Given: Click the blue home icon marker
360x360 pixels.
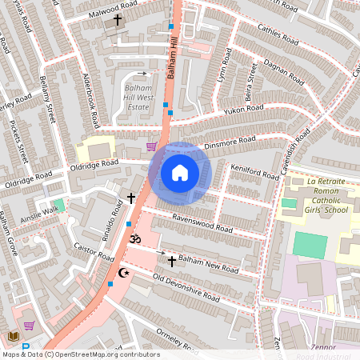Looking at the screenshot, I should [x=180, y=173].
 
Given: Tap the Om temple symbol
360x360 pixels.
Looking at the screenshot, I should [x=134, y=239].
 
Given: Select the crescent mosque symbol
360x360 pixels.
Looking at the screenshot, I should [x=123, y=274].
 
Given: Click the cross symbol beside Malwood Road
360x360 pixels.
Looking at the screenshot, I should [x=118, y=19].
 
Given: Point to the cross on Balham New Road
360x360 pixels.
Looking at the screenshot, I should [x=171, y=261].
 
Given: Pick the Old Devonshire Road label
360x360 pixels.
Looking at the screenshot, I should [x=186, y=286].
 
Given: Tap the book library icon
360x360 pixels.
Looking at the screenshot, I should [x=12, y=336].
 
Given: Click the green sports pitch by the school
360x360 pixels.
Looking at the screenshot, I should [x=309, y=245].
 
